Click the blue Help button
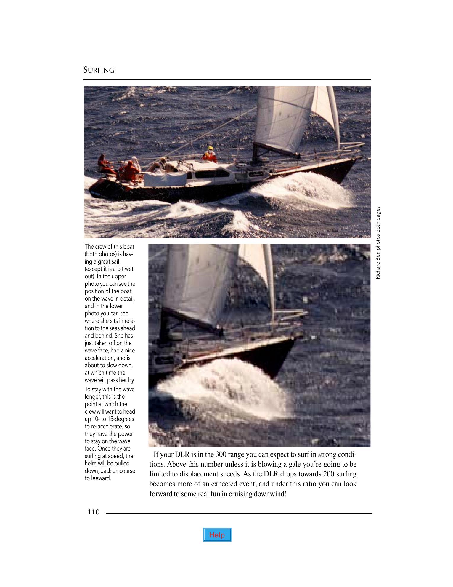[x=217, y=535]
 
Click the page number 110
[x=94, y=512]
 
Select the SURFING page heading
[x=99, y=70]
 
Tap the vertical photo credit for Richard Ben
[x=378, y=243]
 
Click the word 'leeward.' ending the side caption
[x=98, y=478]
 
